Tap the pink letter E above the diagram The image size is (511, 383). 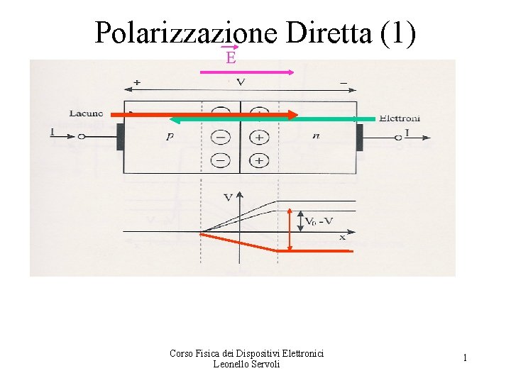[x=231, y=58]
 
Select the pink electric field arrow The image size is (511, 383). [x=248, y=72]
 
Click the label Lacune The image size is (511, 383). [x=87, y=113]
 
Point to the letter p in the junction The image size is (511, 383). [x=169, y=137]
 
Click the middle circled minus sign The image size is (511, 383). [x=221, y=137]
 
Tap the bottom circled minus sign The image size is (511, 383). [x=221, y=159]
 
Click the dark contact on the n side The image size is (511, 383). [x=360, y=137]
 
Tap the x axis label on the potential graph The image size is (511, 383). [x=343, y=238]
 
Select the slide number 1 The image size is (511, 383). [x=465, y=358]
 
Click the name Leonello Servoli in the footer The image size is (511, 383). [x=246, y=364]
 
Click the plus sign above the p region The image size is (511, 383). [x=136, y=83]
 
